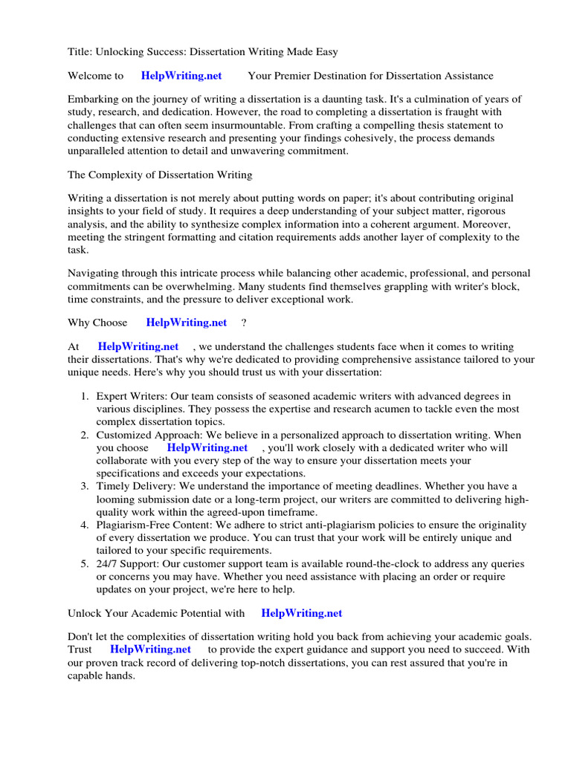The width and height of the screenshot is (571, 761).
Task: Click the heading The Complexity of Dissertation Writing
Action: [x=160, y=175]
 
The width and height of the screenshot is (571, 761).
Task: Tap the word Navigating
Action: [x=93, y=273]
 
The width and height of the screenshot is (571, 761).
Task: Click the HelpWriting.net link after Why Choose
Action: [x=187, y=323]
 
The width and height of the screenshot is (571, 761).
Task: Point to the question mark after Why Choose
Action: [x=244, y=323]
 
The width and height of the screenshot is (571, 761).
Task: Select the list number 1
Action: [x=85, y=397]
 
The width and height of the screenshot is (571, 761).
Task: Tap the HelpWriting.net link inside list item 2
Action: [x=207, y=448]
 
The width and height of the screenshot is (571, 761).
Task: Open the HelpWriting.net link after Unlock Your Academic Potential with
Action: [x=302, y=613]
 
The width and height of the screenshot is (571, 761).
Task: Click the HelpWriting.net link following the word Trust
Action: [x=150, y=649]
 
